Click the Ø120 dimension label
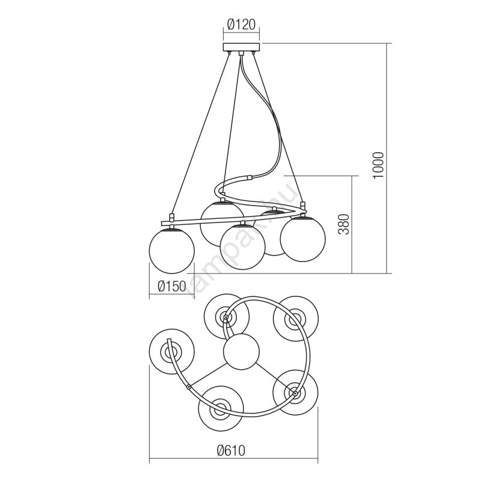tap(241, 24)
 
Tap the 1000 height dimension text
tap(378, 165)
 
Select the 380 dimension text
tap(344, 224)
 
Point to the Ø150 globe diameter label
tap(172, 287)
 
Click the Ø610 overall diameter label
tap(231, 450)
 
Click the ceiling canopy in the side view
tap(241, 47)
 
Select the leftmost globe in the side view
tap(172, 251)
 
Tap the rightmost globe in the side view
tap(303, 239)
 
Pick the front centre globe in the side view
tap(242, 247)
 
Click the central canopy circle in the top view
tap(242, 352)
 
